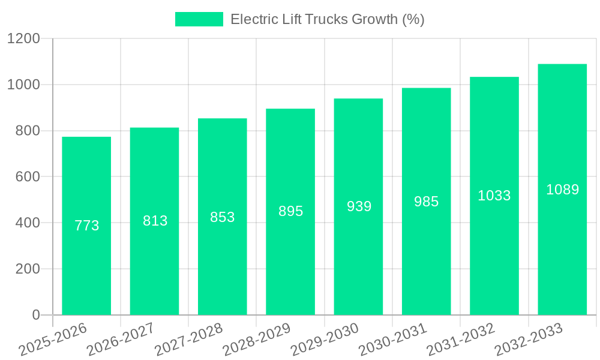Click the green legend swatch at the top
coord(199,19)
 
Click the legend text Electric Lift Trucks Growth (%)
coord(327,19)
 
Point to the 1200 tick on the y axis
coord(23,39)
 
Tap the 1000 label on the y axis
coord(23,85)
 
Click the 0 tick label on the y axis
coord(35,315)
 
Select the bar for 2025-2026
coord(86,270)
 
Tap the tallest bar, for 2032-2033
coord(562,240)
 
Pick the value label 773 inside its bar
coord(86,226)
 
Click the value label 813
coord(155,221)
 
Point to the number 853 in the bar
coord(223,217)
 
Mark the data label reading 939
coord(359,206)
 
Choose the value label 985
coord(427,202)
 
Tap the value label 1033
coord(494,196)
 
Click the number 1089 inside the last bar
coord(562,190)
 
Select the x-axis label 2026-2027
coord(121,339)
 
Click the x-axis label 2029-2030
coord(325,339)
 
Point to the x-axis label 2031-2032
coord(461,339)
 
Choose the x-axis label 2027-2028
coord(188,339)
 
